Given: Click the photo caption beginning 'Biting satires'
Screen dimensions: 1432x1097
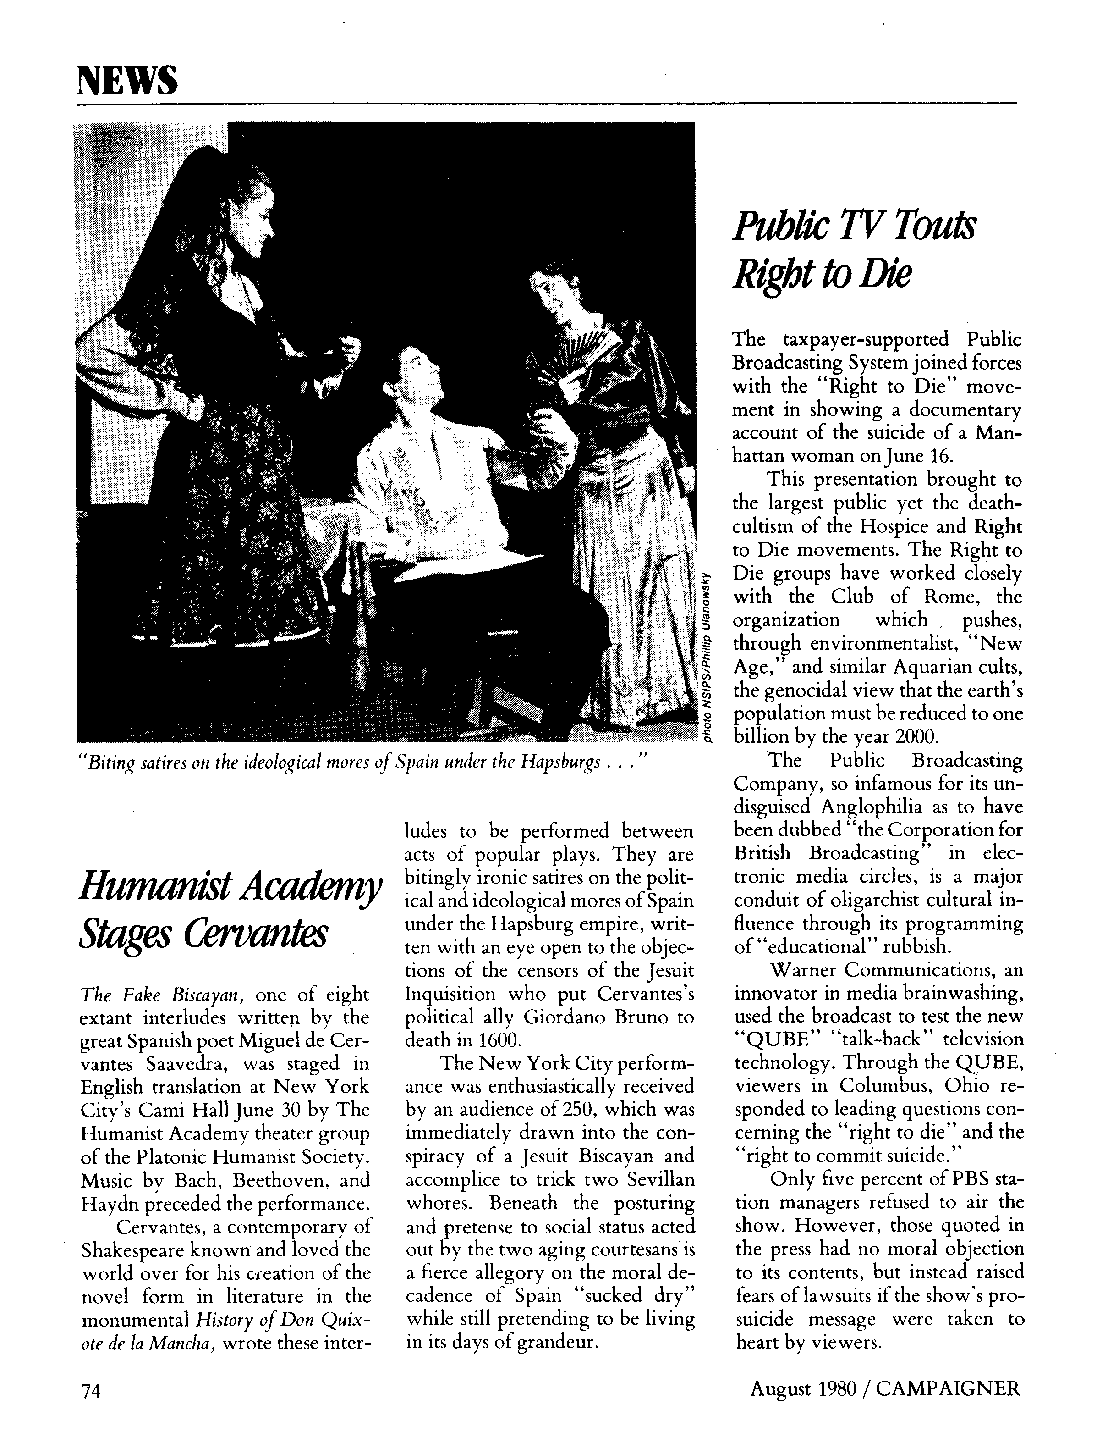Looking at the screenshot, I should point(362,763).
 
